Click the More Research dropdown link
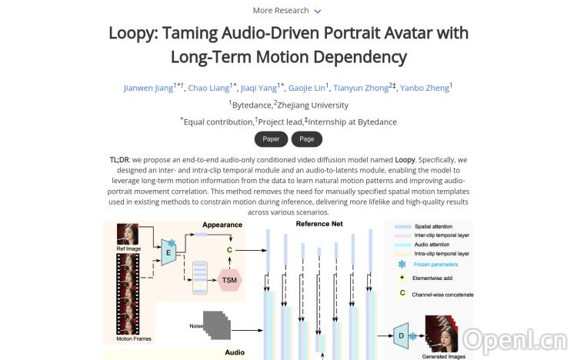tap(287, 11)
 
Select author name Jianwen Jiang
tap(148, 88)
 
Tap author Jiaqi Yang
tap(259, 88)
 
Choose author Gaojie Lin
tap(306, 88)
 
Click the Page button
tap(307, 139)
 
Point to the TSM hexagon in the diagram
tap(229, 280)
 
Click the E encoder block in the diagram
tap(168, 252)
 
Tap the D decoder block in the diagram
tap(401, 335)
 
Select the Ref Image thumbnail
tap(127, 235)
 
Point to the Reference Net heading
tap(319, 224)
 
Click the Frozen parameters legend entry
tap(436, 264)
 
